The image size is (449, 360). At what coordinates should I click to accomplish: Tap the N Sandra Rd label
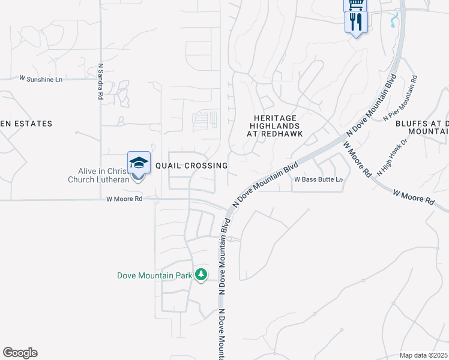(x=100, y=82)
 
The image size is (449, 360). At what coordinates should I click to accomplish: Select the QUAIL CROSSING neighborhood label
(x=191, y=166)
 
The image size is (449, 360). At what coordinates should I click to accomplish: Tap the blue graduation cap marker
(x=139, y=163)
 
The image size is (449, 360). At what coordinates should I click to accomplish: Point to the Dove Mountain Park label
(x=154, y=276)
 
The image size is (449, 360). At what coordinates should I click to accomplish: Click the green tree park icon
(x=201, y=275)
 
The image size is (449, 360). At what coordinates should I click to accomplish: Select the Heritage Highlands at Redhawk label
(x=276, y=126)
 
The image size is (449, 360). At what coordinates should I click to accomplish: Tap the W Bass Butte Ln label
(x=318, y=179)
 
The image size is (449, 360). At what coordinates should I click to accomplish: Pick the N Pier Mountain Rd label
(x=400, y=98)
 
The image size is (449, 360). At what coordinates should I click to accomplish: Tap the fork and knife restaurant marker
(x=357, y=22)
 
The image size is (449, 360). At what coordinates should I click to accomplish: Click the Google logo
(x=20, y=353)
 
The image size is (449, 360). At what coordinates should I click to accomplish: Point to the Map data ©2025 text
(x=424, y=355)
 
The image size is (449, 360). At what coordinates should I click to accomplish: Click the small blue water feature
(x=394, y=21)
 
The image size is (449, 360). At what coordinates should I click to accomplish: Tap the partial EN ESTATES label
(x=26, y=124)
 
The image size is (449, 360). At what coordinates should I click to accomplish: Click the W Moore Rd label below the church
(x=124, y=199)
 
